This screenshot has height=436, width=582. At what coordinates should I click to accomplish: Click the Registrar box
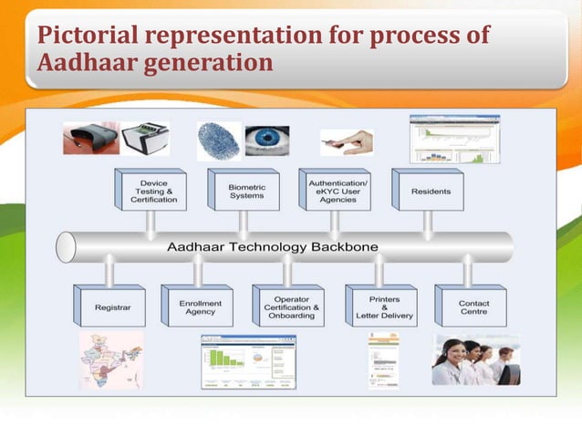point(109,308)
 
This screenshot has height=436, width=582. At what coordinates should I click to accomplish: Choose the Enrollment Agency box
point(198,308)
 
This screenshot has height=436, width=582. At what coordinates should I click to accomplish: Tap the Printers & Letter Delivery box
point(379,308)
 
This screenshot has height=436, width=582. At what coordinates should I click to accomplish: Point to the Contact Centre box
point(470,308)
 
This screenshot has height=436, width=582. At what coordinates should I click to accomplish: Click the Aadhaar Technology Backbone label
point(273,247)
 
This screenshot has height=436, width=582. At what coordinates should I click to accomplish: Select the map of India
point(111,360)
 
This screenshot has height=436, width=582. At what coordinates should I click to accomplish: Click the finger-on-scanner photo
point(346,141)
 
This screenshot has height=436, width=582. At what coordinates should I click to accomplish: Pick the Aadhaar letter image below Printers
point(383,359)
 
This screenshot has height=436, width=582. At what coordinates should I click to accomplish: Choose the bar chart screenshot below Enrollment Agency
point(247,361)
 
